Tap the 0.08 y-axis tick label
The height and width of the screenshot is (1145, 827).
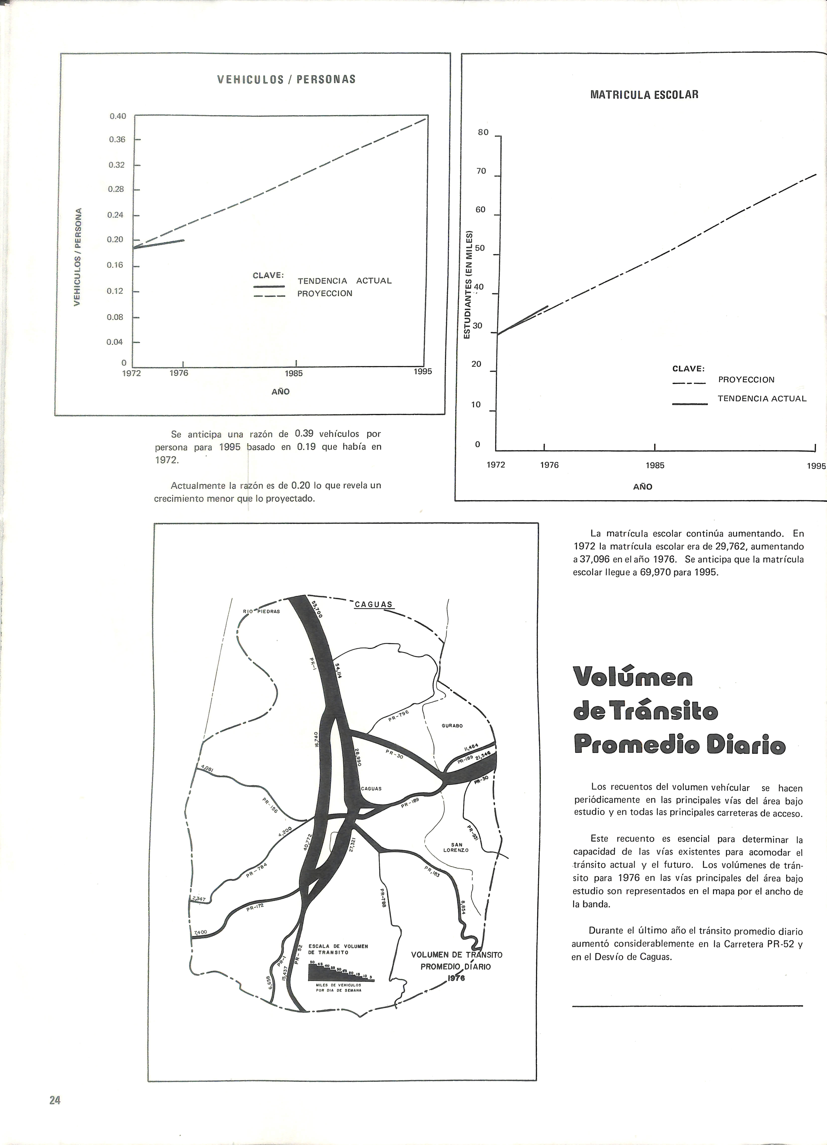pyautogui.click(x=115, y=317)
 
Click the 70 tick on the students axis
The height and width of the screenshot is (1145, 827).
pyautogui.click(x=481, y=171)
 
